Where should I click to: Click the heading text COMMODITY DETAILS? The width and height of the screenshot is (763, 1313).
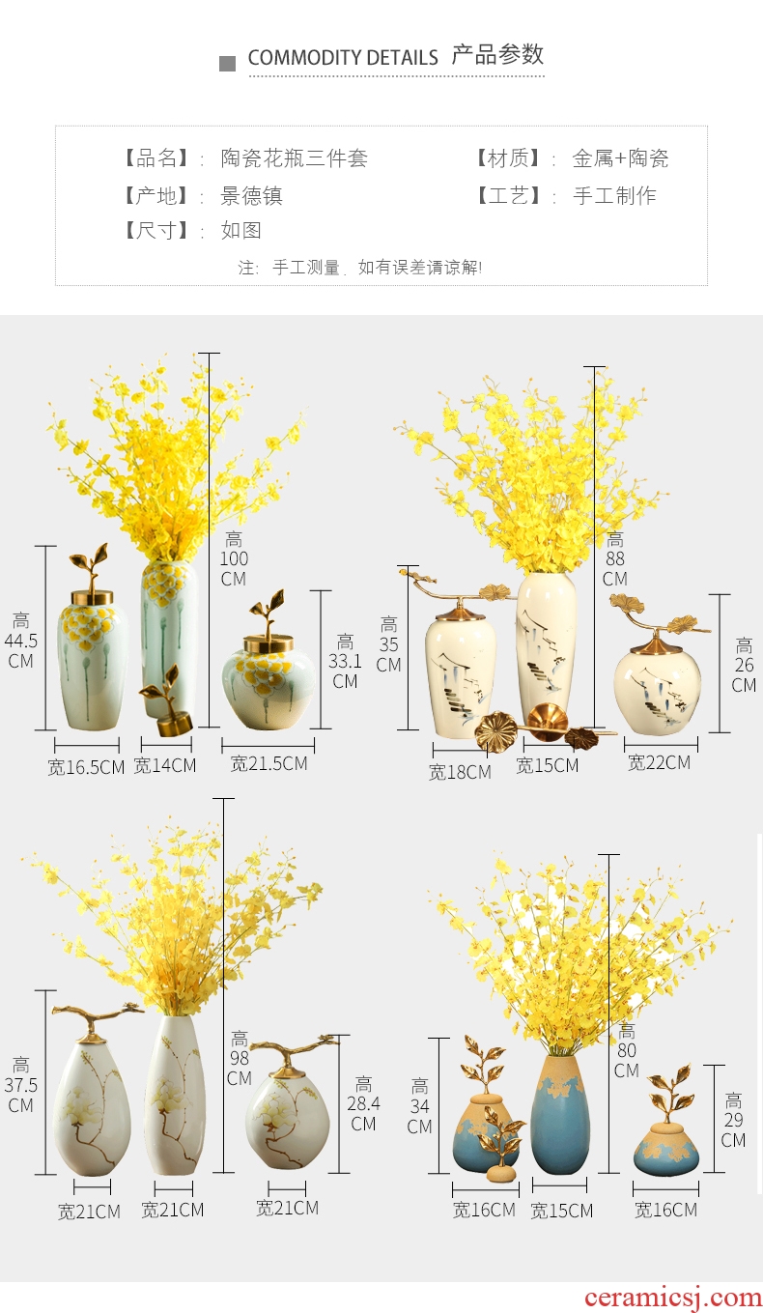343,57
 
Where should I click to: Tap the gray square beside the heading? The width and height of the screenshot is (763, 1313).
227,64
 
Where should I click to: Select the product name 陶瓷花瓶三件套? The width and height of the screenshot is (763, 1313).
295,158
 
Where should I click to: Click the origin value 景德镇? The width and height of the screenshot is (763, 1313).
251,196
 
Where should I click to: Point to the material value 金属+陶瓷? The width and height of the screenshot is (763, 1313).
620,158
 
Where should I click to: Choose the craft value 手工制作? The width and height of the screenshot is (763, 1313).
614,196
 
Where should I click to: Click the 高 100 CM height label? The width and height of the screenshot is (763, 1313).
234,558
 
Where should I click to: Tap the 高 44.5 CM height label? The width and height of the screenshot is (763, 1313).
20,641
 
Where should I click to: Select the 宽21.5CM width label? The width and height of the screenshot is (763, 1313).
269,763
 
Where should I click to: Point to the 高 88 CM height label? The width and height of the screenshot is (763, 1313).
614,558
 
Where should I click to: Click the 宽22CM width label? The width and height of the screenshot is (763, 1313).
660,762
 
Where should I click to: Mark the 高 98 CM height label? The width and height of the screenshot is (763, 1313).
240,1058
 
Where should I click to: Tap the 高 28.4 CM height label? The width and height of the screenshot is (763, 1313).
363,1103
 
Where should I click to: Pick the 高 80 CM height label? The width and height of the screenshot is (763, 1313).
627,1050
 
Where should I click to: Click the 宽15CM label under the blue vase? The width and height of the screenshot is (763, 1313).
562,1211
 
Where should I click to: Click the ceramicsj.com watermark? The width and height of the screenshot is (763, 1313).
673,1297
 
